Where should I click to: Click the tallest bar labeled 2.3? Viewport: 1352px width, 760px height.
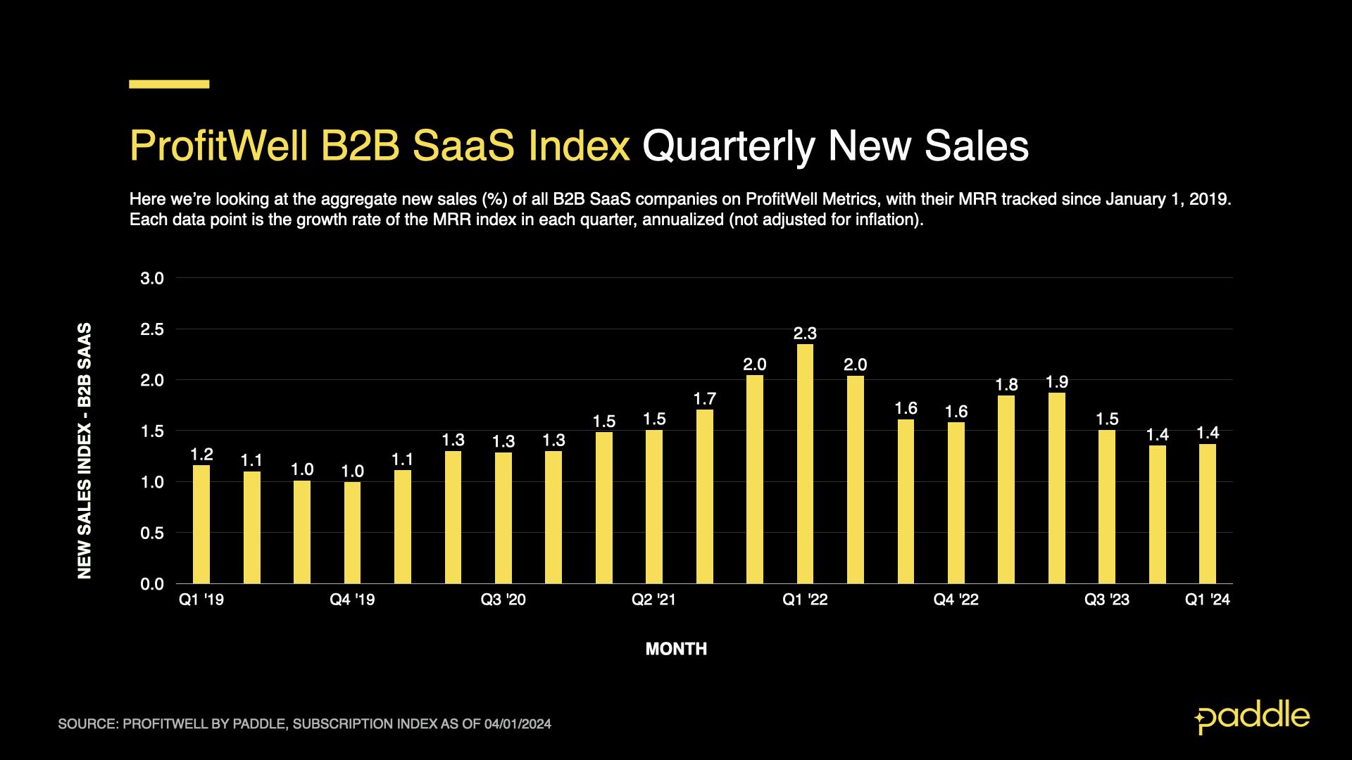[x=805, y=464]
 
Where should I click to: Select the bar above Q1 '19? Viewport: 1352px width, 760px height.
[x=201, y=524]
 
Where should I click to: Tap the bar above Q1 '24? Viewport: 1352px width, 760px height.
[x=1208, y=514]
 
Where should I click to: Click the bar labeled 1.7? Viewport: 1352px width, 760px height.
[x=704, y=496]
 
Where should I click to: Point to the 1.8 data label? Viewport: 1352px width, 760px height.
[x=1006, y=385]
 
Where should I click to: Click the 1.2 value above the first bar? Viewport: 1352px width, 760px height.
[x=201, y=455]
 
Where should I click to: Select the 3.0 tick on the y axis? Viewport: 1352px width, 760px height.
[x=152, y=279]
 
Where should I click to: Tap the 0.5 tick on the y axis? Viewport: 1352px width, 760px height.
[x=152, y=533]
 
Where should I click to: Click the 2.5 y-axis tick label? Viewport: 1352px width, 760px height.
[x=152, y=329]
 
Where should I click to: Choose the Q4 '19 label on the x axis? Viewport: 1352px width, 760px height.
[x=352, y=600]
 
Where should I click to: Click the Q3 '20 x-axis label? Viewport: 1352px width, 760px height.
[x=503, y=600]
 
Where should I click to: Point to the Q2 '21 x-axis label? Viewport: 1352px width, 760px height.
[x=653, y=600]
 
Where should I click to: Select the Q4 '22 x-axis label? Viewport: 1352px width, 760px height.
[x=956, y=600]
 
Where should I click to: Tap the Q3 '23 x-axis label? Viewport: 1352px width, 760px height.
[x=1106, y=600]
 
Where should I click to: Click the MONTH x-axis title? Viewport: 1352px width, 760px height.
[x=676, y=649]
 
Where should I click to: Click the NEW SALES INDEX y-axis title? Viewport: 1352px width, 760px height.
[x=84, y=450]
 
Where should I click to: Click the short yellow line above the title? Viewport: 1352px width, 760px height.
[x=169, y=84]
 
